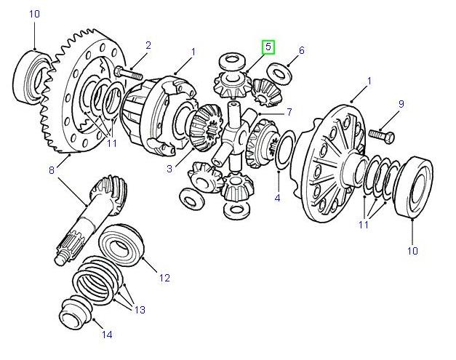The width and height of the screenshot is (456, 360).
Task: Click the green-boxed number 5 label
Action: click(268, 47)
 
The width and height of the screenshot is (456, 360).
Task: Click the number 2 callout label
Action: click(148, 46)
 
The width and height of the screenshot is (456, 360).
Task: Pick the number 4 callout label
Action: click(277, 198)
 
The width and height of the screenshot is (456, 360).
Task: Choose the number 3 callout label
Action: click(169, 169)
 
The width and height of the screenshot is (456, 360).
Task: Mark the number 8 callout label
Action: click(52, 170)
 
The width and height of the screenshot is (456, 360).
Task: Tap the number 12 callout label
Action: click(164, 277)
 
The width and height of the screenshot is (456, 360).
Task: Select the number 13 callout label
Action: click(138, 310)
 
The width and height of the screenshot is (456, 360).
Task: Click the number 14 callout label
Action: click(107, 335)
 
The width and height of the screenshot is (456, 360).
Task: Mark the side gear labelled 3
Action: click(206, 126)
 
